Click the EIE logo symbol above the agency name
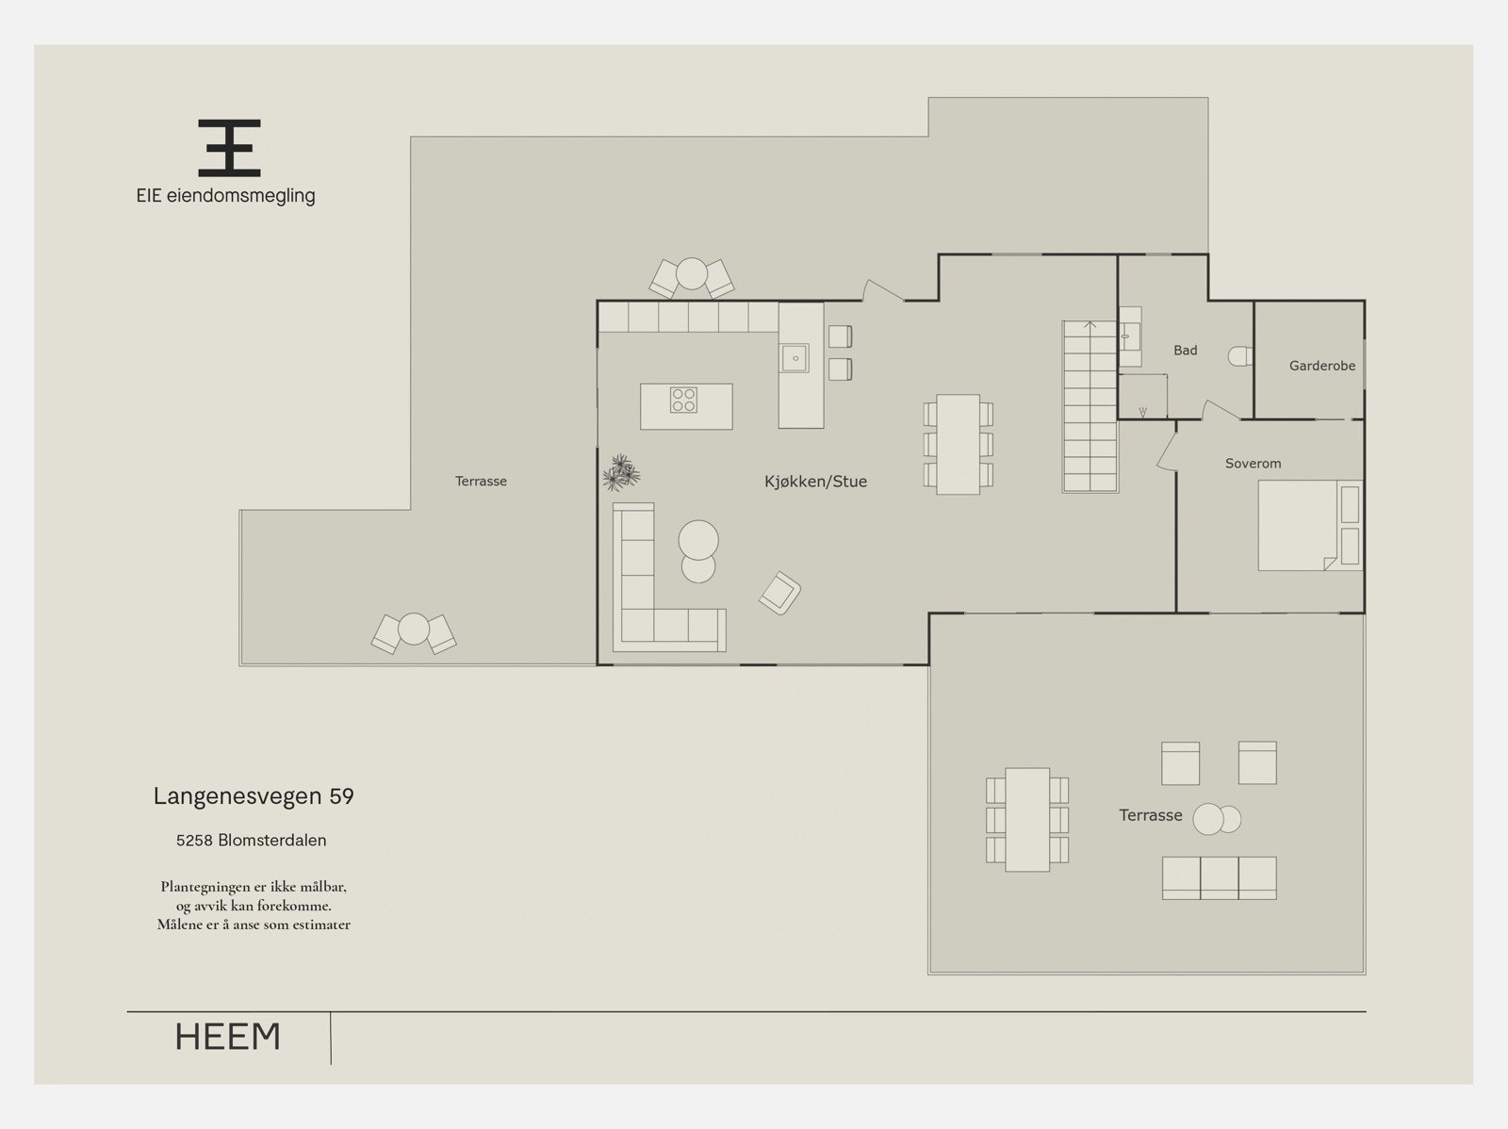tap(229, 148)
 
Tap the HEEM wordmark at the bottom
tap(228, 1037)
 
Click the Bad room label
tap(1185, 351)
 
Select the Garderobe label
tap(1321, 366)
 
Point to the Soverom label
tap(1254, 464)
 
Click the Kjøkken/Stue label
tap(815, 482)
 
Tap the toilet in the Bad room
tap(1240, 356)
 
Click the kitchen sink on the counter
tap(795, 358)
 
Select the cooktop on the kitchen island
tap(683, 400)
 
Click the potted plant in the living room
tap(621, 472)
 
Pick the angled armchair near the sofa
tap(779, 593)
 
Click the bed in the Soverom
tap(1310, 525)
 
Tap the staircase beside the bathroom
tap(1090, 406)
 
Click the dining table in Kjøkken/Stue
tap(959, 444)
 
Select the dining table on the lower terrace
tap(1027, 820)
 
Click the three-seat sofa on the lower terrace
tap(1220, 877)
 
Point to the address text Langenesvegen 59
tap(254, 796)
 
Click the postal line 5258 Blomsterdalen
tap(252, 841)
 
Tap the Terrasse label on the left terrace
tap(481, 482)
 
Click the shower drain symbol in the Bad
tap(1142, 413)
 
